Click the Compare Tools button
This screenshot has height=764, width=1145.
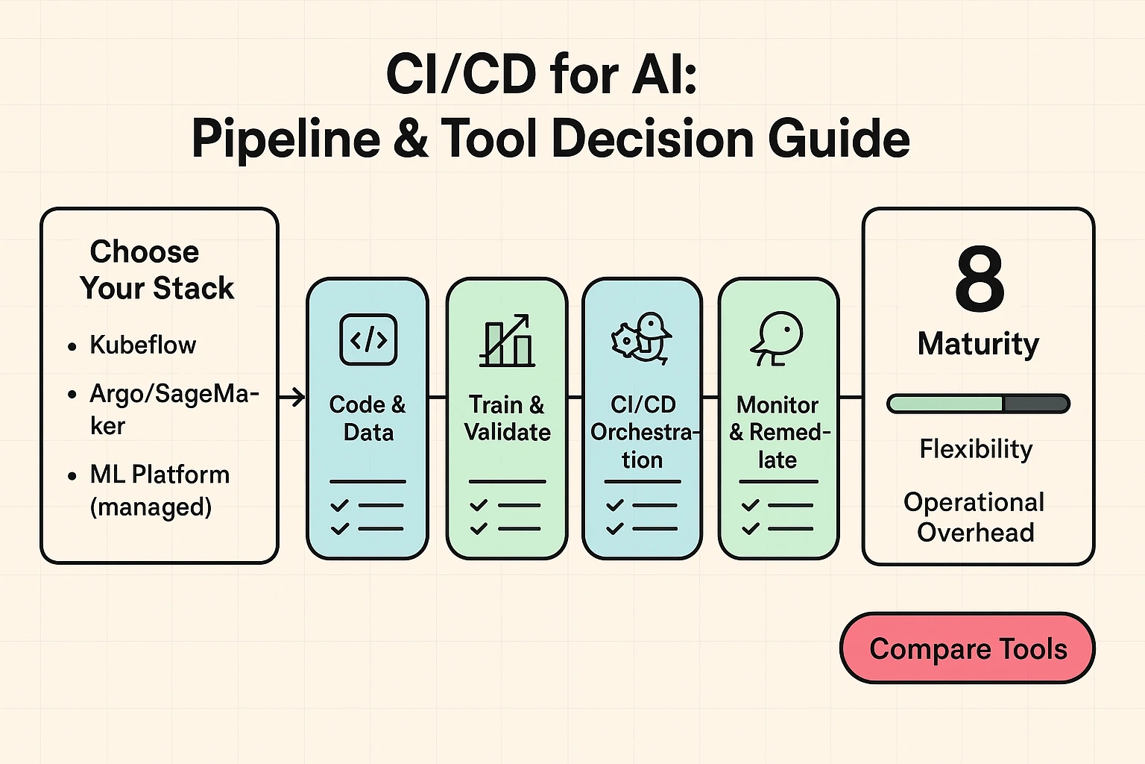click(x=968, y=648)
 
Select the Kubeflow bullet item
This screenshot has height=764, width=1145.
click(x=142, y=345)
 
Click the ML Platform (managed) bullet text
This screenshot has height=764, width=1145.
click(x=159, y=490)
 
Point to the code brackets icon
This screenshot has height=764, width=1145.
click(x=368, y=339)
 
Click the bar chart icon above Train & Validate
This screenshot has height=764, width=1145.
click(x=507, y=340)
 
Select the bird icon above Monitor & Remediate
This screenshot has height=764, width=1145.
click(x=777, y=338)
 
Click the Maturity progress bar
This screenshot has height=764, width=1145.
click(x=978, y=404)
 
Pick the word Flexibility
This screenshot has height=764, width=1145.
click(x=976, y=449)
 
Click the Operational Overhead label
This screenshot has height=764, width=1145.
click(x=974, y=517)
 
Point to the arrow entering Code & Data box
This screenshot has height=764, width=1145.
click(x=293, y=397)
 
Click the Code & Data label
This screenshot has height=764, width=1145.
click(x=368, y=419)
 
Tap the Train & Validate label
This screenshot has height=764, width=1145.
click(x=507, y=419)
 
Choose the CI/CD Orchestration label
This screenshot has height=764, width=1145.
click(x=643, y=432)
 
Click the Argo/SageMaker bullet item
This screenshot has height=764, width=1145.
click(x=174, y=409)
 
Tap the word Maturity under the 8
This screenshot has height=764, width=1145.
click(x=978, y=344)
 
